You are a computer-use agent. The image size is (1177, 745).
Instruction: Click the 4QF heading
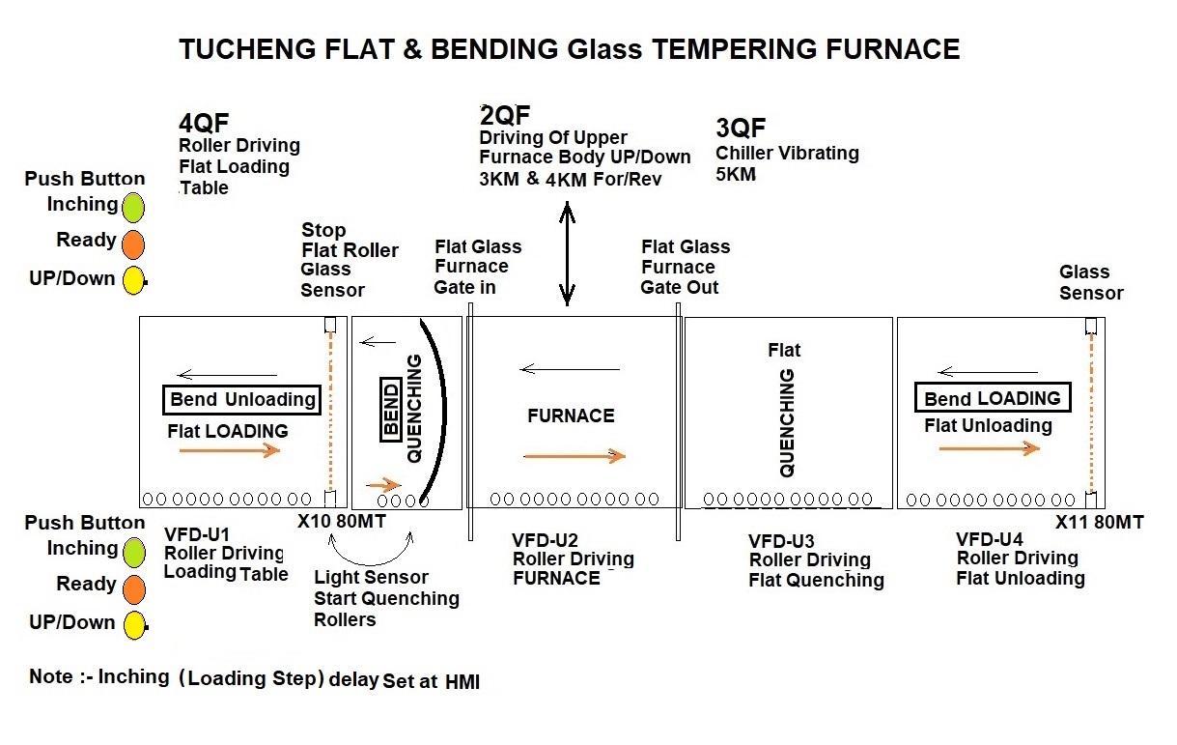[204, 123]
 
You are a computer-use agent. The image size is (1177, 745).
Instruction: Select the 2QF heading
[505, 115]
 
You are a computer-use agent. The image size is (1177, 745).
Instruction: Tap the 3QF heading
[741, 128]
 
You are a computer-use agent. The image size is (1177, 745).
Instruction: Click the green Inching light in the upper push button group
[133, 207]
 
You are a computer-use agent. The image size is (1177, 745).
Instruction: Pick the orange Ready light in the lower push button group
[134, 589]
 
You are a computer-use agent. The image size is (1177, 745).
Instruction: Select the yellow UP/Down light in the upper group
[133, 280]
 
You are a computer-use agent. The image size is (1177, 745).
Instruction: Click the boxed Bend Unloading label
[241, 400]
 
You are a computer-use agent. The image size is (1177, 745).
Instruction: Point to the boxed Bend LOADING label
[993, 397]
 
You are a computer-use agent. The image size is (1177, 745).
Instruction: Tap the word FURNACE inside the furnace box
[571, 415]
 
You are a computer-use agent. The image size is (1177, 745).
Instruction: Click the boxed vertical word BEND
[391, 410]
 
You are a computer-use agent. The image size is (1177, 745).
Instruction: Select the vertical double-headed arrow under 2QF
[567, 253]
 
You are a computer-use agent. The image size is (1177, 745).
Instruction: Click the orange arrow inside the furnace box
[574, 456]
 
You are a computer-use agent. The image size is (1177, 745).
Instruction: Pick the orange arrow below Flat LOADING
[230, 450]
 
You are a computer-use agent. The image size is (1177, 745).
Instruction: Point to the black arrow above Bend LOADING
[988, 372]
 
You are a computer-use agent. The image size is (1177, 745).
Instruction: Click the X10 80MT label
[342, 521]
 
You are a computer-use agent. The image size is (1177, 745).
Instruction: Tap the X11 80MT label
[1099, 522]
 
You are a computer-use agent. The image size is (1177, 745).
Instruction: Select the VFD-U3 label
[781, 541]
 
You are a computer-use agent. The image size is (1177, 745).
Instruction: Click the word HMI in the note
[462, 682]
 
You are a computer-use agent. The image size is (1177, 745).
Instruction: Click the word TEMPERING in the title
[735, 49]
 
